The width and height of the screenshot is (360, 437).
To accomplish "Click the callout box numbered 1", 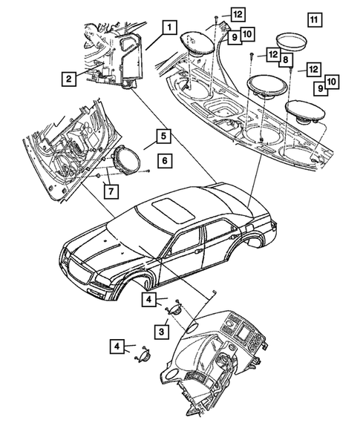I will click(x=170, y=29).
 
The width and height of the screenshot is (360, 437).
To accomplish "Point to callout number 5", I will click(x=160, y=136).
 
